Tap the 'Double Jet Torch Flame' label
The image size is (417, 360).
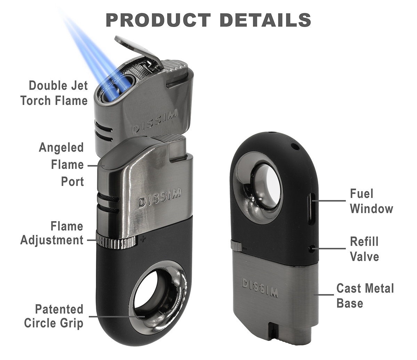click(54, 93)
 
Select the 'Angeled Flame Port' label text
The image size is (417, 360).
click(61, 164)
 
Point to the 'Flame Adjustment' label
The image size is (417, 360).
click(52, 233)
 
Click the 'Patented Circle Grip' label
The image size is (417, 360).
click(54, 316)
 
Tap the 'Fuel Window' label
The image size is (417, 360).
click(371, 201)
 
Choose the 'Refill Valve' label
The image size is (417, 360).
click(364, 249)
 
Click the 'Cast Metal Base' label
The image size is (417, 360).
click(365, 296)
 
